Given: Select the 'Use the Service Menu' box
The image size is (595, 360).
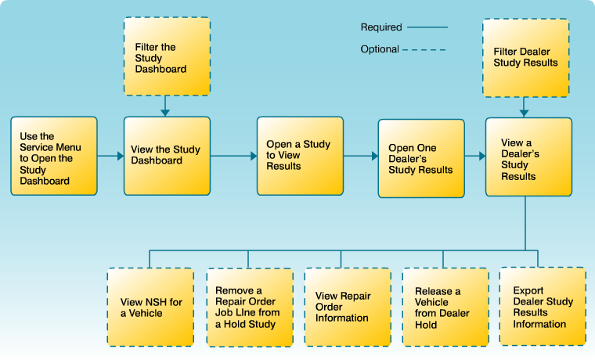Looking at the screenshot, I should point(54,156).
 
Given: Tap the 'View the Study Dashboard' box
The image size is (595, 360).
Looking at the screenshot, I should point(167,156).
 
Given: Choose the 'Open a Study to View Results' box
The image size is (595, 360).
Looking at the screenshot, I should point(300,156).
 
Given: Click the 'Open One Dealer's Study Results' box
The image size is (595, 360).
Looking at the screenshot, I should point(420,158).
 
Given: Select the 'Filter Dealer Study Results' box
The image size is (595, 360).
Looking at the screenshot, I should point(525,58).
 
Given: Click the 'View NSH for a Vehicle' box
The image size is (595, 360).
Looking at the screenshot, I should point(150,307).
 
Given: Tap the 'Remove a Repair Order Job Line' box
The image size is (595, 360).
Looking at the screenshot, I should point(250,307).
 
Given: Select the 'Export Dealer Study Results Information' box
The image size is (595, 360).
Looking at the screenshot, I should point(543,307).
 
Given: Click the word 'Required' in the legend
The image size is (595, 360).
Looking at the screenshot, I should point(380,27).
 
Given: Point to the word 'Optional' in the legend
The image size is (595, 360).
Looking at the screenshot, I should point(380,49).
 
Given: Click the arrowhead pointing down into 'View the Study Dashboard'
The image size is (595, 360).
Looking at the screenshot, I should point(165,113).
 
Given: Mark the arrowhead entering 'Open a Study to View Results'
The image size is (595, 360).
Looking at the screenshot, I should point(252,156).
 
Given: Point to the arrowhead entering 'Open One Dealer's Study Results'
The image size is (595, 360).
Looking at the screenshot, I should point(373,156).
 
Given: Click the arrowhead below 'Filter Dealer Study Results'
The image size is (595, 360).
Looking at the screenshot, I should point(525,113).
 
